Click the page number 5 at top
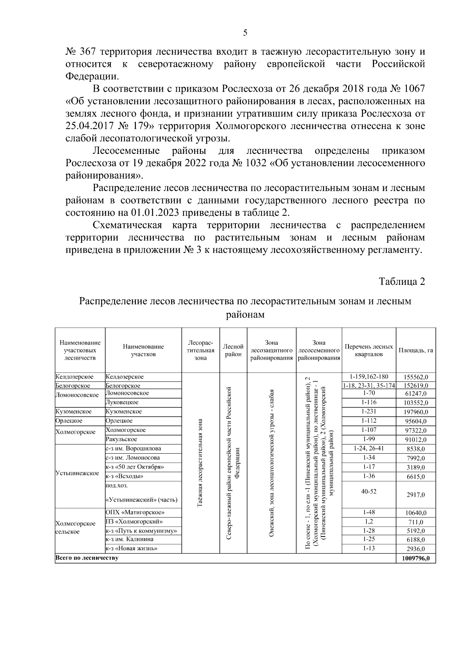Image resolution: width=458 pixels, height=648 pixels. coord(245,33)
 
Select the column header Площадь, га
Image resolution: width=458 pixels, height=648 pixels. coord(416,350)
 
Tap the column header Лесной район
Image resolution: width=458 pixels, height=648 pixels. coord(233,350)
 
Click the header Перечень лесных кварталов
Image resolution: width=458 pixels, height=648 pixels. coord(369,350)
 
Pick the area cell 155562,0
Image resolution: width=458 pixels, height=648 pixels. coord(416,377)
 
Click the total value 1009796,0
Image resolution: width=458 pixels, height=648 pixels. coord(416,558)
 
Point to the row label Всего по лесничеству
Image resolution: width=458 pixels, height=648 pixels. coord(87,558)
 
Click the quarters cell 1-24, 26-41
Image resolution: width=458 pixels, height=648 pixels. coord(369,448)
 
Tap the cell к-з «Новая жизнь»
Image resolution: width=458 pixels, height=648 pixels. coord(132,549)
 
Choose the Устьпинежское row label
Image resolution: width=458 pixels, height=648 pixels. coord(77,473)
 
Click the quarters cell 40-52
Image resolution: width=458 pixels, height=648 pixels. coord(369,491)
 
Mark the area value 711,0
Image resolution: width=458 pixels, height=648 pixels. coord(416,522)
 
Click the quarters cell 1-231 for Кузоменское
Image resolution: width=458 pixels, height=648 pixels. coord(369,411)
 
